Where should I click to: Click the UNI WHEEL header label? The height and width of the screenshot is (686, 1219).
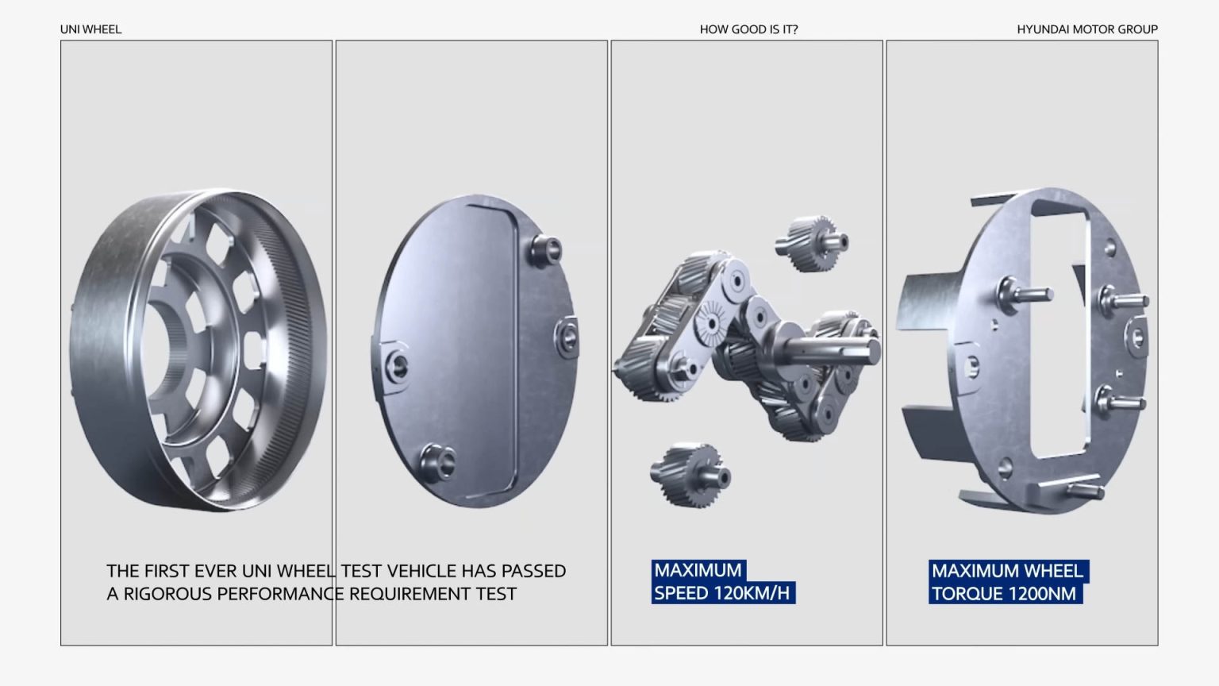tap(91, 29)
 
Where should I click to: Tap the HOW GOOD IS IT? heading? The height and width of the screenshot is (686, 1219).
tap(749, 29)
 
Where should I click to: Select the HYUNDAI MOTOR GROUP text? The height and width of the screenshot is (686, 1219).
tap(1087, 29)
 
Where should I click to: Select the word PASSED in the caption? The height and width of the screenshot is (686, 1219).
tap(534, 571)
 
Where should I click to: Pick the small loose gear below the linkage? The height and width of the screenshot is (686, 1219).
tap(690, 476)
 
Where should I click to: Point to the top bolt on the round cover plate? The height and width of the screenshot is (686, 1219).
tap(546, 250)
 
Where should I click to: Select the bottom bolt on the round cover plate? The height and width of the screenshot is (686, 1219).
tap(438, 462)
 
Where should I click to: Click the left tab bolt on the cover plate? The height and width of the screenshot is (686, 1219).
tap(397, 364)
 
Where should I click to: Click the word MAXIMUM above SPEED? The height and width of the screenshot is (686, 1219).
tap(698, 571)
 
